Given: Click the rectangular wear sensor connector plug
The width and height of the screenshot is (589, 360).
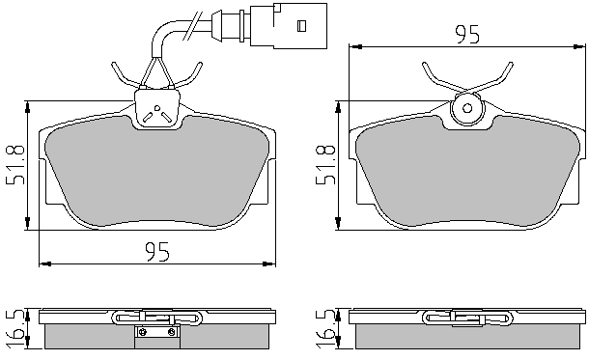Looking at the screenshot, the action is (289, 25).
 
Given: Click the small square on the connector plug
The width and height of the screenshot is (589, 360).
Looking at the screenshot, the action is (301, 26).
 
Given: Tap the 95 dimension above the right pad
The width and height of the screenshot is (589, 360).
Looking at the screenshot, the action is (467, 35).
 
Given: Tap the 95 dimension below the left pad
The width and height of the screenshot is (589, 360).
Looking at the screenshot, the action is (157, 252).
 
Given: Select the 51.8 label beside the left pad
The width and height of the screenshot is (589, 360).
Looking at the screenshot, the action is (15, 164).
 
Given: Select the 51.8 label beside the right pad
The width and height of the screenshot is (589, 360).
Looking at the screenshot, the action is (325, 164).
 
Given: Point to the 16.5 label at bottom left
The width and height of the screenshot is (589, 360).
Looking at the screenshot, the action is (15, 329).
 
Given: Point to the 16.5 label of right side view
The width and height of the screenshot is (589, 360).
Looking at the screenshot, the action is (325, 329).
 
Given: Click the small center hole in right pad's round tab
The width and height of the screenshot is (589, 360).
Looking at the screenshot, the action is (467, 108).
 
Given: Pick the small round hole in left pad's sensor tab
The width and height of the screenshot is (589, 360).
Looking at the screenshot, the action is (157, 108).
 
